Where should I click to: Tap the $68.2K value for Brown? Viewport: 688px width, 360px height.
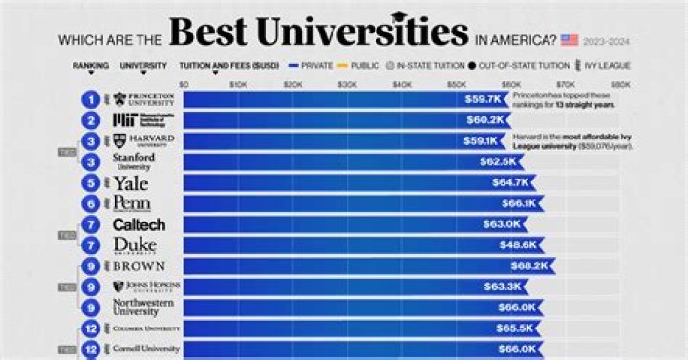pyautogui.click(x=532, y=265)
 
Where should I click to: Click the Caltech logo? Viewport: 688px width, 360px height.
pyautogui.click(x=140, y=224)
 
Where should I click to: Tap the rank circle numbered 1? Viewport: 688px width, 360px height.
pyautogui.click(x=90, y=98)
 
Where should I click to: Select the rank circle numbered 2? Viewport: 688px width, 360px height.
pyautogui.click(x=90, y=119)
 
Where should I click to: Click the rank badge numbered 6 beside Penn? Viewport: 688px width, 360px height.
pyautogui.click(x=90, y=203)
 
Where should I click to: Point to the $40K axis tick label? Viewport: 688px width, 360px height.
pyautogui.click(x=402, y=84)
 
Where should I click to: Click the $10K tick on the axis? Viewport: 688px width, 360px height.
pyautogui.click(x=239, y=84)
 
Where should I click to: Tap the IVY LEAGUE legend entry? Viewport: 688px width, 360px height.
pyautogui.click(x=607, y=66)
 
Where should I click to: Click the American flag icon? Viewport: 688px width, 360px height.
pyautogui.click(x=570, y=39)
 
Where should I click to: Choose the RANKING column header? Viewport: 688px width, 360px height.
pyautogui.click(x=90, y=66)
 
